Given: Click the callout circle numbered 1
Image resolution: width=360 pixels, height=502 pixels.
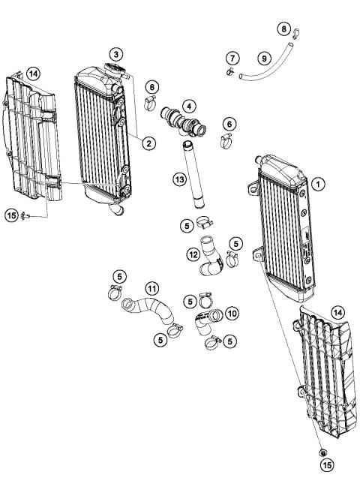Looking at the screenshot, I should [318, 182].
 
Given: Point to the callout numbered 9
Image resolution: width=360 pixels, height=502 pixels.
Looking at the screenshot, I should [264, 57].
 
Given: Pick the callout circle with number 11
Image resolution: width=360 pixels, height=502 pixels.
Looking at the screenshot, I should [152, 287].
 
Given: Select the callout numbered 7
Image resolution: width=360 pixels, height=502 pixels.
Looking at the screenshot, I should [232, 58].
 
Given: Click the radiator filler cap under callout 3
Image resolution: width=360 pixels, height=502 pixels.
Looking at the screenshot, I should [115, 70].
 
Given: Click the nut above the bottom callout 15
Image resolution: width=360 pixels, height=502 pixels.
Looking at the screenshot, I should [321, 453].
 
